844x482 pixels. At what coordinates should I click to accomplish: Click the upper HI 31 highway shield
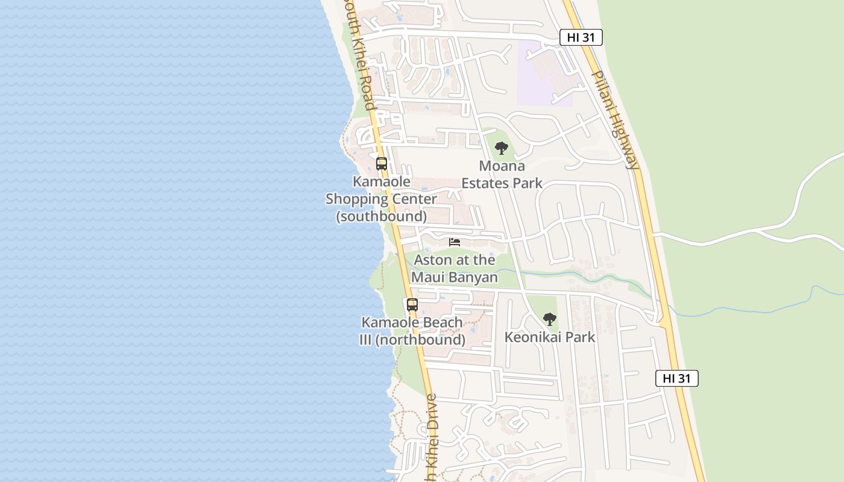[581, 37]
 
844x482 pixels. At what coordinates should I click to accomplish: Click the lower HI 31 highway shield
[677, 378]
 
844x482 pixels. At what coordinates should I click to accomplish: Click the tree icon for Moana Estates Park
[501, 148]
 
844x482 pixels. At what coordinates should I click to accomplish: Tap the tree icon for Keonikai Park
[549, 319]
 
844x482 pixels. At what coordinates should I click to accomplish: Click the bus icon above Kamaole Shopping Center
[381, 163]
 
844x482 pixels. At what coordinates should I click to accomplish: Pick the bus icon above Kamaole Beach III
[412, 305]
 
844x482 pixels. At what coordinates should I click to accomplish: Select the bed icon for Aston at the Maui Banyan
[455, 242]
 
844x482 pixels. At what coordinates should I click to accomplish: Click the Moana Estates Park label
[502, 175]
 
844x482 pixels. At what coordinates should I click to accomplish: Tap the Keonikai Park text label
[550, 337]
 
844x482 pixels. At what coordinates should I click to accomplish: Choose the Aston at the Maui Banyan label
[455, 269]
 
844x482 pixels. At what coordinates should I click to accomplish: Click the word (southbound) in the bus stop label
[382, 216]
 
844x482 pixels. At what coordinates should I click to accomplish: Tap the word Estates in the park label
[487, 183]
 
